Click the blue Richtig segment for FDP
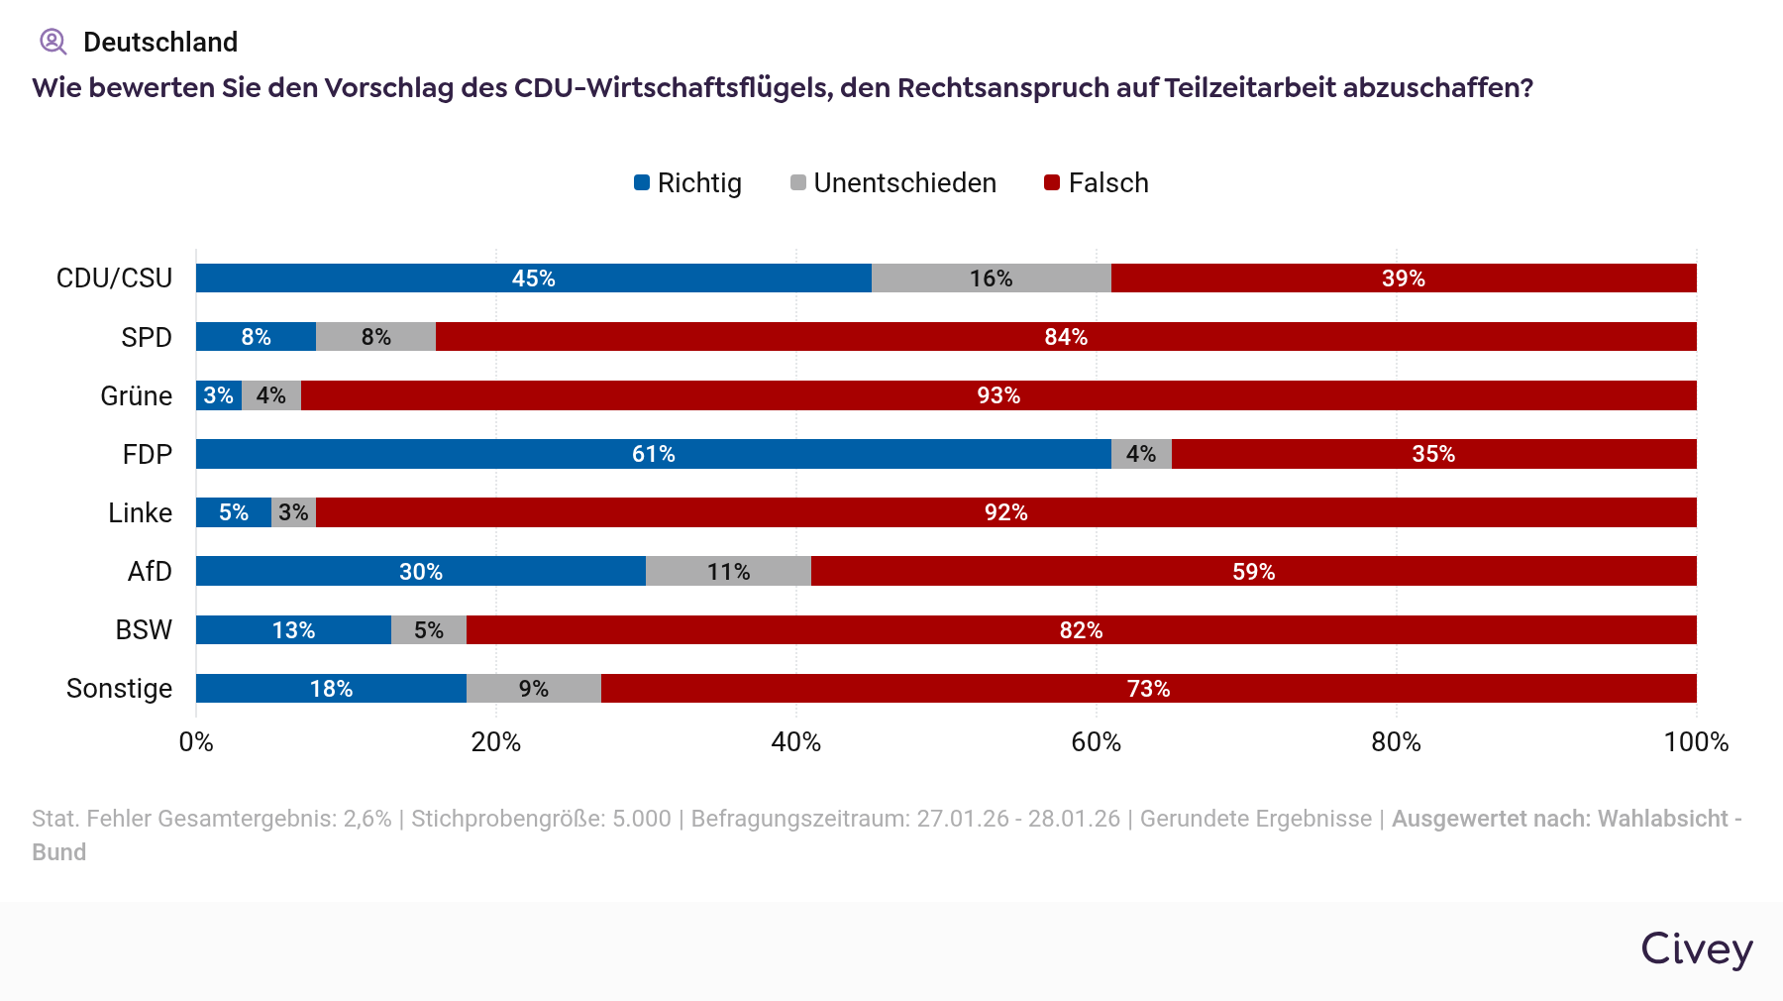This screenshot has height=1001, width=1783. point(654,454)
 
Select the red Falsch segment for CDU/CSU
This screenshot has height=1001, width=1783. point(1404,278)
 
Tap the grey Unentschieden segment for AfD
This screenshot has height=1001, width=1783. point(728,572)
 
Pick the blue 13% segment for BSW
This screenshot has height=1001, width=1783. point(293,630)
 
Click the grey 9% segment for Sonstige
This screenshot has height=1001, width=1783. point(533,689)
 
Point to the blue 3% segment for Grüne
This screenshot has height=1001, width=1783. point(218,395)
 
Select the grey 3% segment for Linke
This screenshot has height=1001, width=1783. point(293,512)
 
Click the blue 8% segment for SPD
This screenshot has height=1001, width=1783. point(256,337)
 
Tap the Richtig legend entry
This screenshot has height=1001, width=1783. point(688,183)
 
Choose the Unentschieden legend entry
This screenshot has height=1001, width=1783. point(893,183)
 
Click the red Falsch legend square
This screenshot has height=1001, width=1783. point(1053,182)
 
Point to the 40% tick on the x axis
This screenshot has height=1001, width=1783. point(796,742)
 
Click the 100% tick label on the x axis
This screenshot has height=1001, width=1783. point(1696,742)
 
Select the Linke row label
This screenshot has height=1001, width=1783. point(140,512)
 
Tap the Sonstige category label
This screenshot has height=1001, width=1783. point(119,689)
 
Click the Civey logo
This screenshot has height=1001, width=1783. point(1697,949)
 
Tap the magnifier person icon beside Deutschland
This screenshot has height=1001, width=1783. point(52,42)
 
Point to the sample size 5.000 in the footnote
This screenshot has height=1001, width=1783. point(641,819)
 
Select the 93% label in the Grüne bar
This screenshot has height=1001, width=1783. point(998,395)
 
